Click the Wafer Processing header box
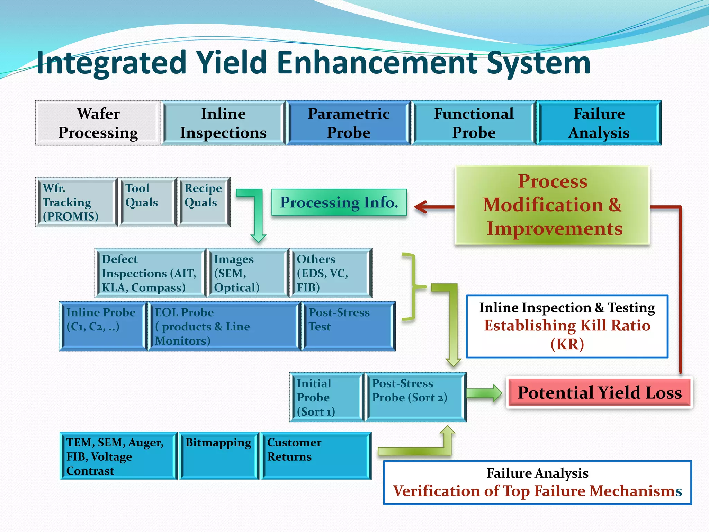tap(98, 123)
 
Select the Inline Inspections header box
tap(223, 123)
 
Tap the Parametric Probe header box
tap(349, 123)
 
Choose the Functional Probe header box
tap(474, 123)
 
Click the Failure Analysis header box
tap(599, 123)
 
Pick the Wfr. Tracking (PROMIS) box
tap(77, 202)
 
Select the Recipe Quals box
tap(204, 202)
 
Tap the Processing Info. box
tap(339, 202)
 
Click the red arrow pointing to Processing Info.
tap(433, 207)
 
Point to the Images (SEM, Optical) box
tap(248, 273)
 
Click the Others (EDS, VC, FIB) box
tap(331, 273)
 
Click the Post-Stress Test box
tap(348, 326)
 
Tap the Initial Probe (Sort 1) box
tap(326, 397)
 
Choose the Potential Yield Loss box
tap(599, 393)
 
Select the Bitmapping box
tap(218, 455)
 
